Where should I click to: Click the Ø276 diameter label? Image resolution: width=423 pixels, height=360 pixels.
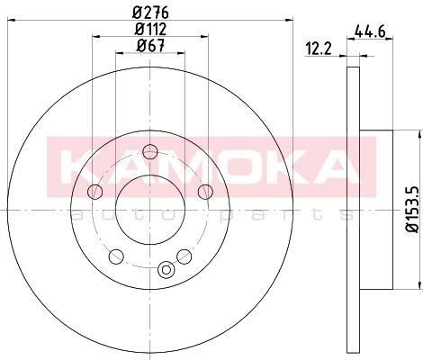pyautogui.click(x=150, y=13)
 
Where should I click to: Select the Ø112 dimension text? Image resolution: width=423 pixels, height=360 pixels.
pyautogui.click(x=150, y=30)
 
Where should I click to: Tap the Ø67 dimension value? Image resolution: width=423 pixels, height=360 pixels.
pyautogui.click(x=150, y=46)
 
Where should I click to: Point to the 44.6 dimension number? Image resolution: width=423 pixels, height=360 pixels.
pyautogui.click(x=370, y=31)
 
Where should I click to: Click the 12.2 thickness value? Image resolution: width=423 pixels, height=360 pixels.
pyautogui.click(x=319, y=49)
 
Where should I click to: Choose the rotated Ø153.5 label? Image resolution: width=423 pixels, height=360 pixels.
pyautogui.click(x=411, y=210)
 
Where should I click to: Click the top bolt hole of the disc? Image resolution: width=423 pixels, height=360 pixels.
pyautogui.click(x=150, y=152)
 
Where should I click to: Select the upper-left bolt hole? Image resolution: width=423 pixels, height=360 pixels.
pyautogui.click(x=95, y=192)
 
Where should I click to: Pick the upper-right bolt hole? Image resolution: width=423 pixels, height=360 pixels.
pyautogui.click(x=205, y=192)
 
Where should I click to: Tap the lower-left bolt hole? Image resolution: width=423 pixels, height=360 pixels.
pyautogui.click(x=116, y=256)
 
